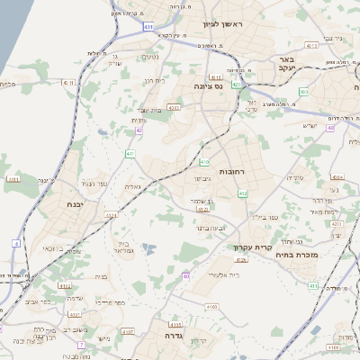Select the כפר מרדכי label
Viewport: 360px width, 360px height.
[102, 303]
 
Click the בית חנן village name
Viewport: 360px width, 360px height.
[155, 80]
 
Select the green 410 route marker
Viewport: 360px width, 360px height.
[204, 162]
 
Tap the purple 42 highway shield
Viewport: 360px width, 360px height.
[139, 130]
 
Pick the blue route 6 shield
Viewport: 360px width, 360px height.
[16, 243]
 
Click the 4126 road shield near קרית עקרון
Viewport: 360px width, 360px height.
[240, 260]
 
